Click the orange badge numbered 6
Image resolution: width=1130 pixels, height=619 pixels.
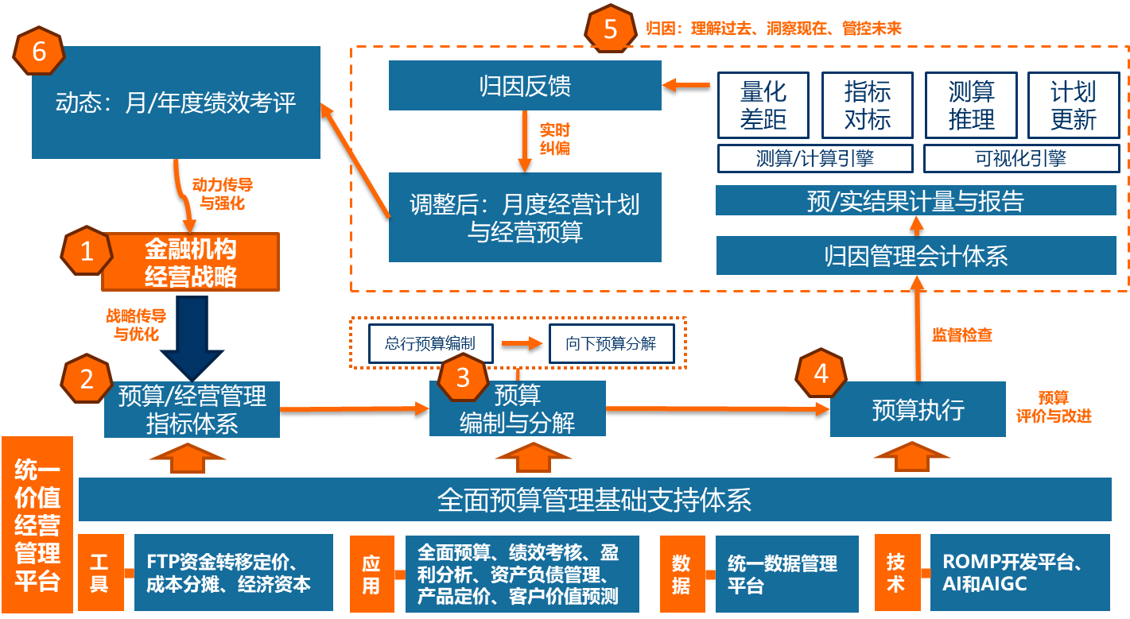tap(38, 52)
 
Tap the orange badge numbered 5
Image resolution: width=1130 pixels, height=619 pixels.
tap(610, 29)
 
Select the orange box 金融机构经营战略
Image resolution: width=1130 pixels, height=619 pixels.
tap(191, 262)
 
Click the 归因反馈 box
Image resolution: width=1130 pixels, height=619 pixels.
tap(525, 86)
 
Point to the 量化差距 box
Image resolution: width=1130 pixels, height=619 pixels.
tap(763, 106)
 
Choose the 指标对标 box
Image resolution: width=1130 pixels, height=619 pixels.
tap(867, 106)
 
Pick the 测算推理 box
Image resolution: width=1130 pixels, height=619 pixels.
tap(971, 106)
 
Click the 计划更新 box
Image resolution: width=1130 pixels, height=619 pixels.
tap(1073, 106)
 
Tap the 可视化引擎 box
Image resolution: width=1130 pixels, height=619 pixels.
tap(1020, 159)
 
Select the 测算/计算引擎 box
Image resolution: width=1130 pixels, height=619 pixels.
tap(815, 159)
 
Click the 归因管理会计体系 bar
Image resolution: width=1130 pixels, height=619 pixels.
tap(915, 256)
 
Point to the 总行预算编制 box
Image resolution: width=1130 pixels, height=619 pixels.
tap(430, 344)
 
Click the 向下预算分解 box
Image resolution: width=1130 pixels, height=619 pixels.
tap(611, 344)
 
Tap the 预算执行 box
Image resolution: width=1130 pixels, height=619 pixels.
tap(918, 409)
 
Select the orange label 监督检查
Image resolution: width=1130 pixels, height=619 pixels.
tap(961, 335)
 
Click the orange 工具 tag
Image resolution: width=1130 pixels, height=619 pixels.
tap(99, 573)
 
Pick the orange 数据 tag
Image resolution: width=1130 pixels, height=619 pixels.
tap(681, 573)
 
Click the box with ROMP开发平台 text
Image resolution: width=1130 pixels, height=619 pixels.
tap(1019, 573)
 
